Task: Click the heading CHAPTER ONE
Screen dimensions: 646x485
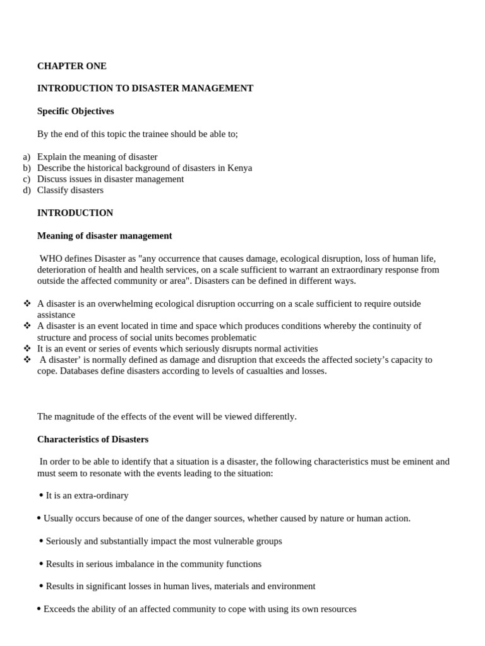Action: coord(71,66)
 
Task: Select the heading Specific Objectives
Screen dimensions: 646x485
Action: coord(75,112)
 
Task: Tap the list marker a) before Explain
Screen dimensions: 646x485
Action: coord(27,156)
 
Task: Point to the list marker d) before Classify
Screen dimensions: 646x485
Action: coord(27,191)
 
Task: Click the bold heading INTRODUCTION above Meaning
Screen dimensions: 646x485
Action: coord(75,213)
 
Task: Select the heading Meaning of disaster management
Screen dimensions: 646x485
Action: coord(104,236)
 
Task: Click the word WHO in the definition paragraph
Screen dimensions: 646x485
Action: coord(51,259)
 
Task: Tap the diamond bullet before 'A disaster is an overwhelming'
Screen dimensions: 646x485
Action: coord(27,303)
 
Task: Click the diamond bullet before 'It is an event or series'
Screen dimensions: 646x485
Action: coord(27,348)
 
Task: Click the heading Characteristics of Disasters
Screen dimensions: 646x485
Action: coord(93,439)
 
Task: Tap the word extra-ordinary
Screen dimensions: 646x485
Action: coord(101,496)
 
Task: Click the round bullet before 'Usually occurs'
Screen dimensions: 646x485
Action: coord(39,518)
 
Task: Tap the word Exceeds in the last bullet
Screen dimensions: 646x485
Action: coord(59,609)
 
